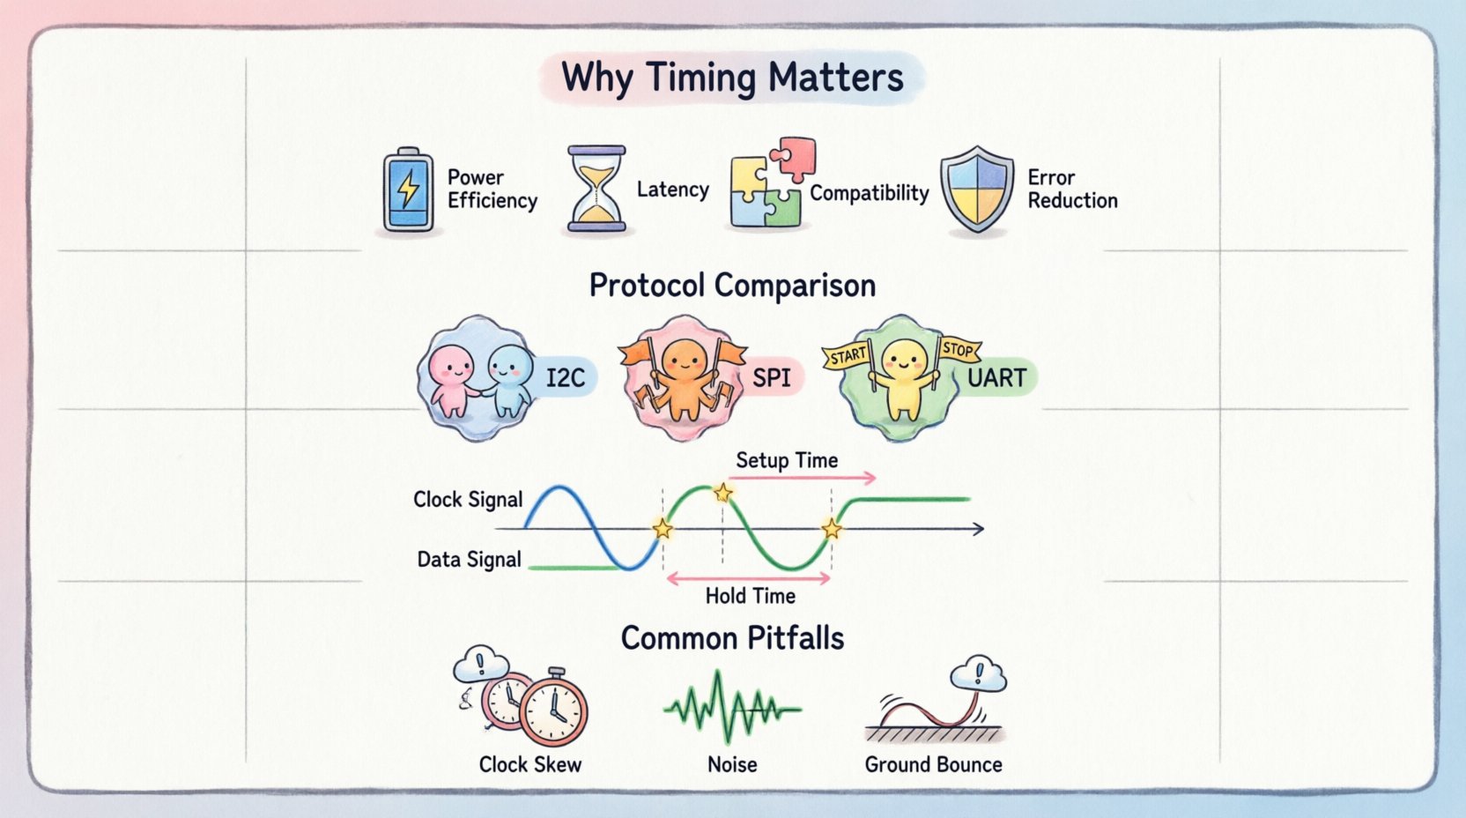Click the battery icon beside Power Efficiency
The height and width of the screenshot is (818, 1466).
tap(408, 190)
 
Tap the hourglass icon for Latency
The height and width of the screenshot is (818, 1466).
tap(596, 190)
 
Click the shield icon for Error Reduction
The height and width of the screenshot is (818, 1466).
tap(976, 190)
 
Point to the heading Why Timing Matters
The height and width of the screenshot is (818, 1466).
tap(732, 78)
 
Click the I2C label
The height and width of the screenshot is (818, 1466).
tap(565, 378)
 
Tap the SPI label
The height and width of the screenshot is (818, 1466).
tap(771, 378)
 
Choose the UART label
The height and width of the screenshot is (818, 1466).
tap(996, 378)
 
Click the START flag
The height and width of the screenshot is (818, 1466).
tap(848, 356)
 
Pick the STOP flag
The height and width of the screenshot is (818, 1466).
tap(958, 350)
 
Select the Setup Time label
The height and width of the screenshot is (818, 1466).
tap(787, 460)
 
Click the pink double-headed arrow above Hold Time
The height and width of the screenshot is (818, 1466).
tap(748, 578)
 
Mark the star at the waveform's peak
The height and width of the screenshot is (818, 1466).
tap(723, 493)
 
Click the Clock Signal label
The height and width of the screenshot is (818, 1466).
tap(468, 500)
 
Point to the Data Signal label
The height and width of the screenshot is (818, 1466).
tap(469, 560)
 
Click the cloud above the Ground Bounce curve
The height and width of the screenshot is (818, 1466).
tap(979, 675)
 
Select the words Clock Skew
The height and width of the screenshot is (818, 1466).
tap(529, 764)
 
